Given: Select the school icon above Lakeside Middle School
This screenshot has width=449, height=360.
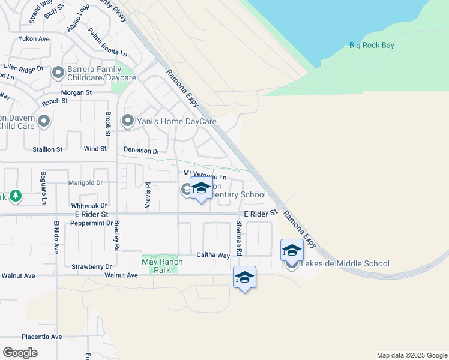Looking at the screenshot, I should click(292, 250).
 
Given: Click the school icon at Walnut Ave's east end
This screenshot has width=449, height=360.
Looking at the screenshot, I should click(244, 277).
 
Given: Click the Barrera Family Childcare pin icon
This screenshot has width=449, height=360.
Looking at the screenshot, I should click(58, 73).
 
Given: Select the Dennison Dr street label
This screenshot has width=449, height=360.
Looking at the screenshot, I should click(141, 151).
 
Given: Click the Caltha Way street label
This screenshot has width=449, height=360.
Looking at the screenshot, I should click(213, 255).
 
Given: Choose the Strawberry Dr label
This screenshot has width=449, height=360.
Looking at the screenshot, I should click(92, 266).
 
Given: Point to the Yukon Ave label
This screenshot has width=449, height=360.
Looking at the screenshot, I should click(34, 39).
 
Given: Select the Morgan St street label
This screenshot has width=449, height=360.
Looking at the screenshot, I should click(76, 93).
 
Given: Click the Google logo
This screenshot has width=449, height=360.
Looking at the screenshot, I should click(20, 353).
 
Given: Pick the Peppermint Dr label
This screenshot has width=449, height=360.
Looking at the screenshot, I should click(91, 223).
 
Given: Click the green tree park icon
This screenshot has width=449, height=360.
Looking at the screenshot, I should click(15, 196).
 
